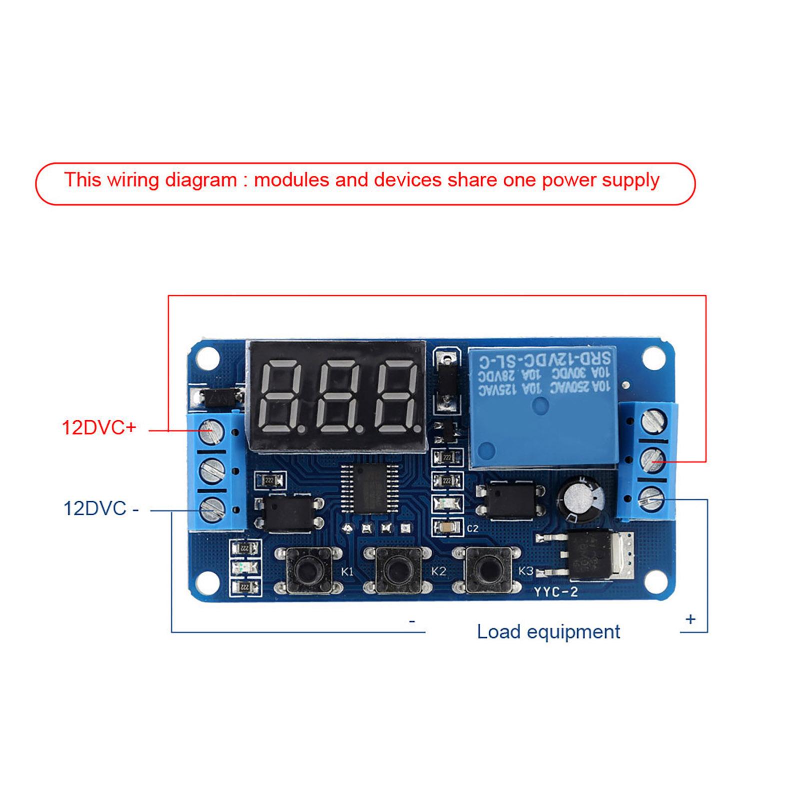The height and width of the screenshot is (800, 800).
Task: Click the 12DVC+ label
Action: [99, 428]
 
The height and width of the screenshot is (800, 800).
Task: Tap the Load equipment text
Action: [548, 632]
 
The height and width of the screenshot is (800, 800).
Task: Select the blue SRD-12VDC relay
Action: [542, 407]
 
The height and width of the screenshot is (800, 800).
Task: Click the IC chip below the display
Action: [370, 488]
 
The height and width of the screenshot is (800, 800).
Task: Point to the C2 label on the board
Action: [472, 529]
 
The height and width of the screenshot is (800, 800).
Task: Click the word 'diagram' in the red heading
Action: [201, 180]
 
